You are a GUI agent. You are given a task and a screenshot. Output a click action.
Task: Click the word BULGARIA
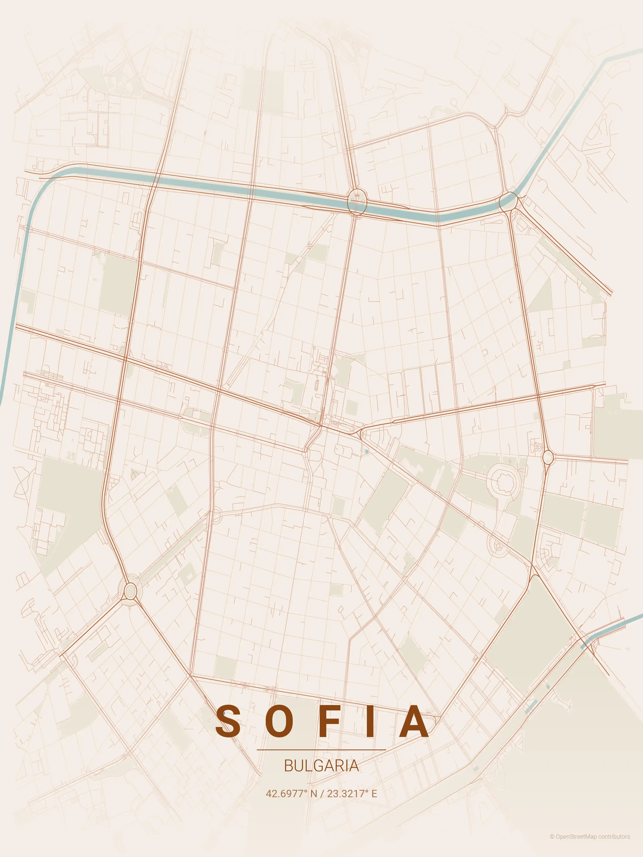click(321, 766)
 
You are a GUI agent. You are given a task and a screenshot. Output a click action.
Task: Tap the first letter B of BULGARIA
click(288, 766)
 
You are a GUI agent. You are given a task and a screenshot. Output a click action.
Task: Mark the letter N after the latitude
click(313, 794)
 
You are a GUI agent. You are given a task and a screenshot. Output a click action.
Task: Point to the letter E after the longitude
click(374, 794)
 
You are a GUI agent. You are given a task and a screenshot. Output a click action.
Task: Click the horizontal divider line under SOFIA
click(321, 750)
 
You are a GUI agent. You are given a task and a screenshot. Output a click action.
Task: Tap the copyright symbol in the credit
click(552, 845)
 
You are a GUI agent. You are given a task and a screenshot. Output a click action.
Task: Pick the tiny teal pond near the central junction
click(367, 451)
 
